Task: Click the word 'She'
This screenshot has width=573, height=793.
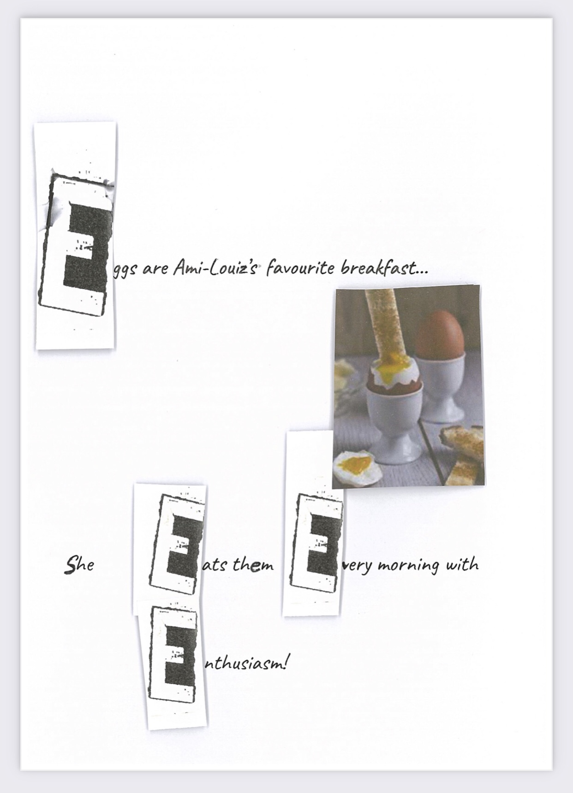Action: tap(79, 564)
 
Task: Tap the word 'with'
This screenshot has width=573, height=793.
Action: tap(461, 564)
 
